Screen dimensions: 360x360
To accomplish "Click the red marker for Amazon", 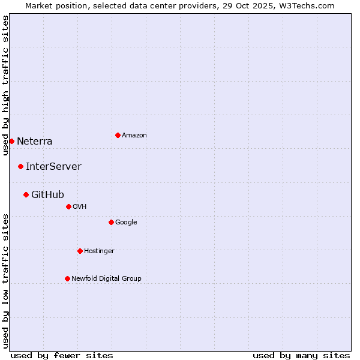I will click(118, 135).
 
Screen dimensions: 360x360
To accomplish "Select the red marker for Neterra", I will click(11, 141).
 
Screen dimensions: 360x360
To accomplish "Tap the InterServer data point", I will click(20, 166).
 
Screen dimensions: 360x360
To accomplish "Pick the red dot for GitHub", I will click(26, 194).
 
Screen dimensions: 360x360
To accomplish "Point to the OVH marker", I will click(68, 206).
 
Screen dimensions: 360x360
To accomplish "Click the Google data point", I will click(111, 222).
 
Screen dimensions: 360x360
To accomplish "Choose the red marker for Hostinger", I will click(80, 251).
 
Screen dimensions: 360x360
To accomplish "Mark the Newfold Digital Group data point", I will click(67, 278).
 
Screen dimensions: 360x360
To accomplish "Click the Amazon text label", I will click(134, 136).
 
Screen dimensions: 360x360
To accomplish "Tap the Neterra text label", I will click(35, 142).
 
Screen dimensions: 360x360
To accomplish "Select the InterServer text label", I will click(53, 167).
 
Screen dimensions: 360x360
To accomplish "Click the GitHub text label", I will click(47, 194).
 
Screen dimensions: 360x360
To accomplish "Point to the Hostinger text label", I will click(99, 251).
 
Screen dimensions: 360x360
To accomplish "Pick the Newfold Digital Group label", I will click(106, 278).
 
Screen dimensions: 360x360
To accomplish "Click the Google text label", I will click(126, 223).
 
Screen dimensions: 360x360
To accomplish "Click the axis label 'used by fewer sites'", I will click(62, 355).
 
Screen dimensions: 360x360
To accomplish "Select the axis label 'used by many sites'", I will click(301, 355).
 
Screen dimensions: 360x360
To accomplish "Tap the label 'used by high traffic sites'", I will click(5, 85).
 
